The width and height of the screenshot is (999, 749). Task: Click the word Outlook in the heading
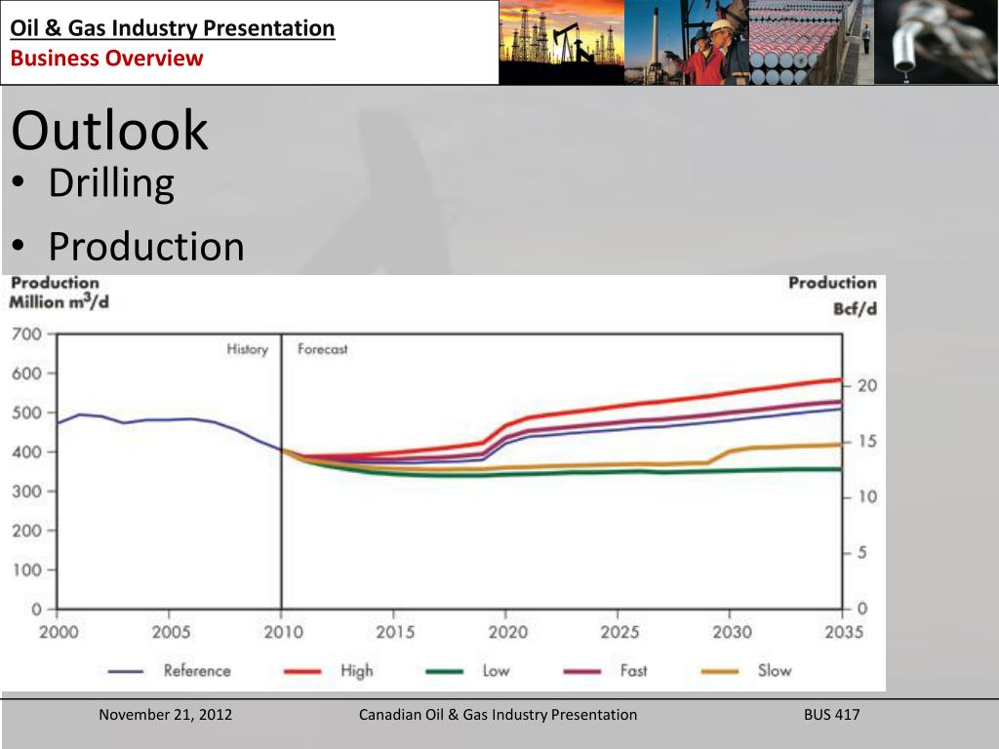109,131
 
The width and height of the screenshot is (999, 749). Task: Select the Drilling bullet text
111,183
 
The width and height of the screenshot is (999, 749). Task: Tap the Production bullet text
146,247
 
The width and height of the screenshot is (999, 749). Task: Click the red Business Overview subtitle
106,58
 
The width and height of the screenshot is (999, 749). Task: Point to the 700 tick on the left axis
26,334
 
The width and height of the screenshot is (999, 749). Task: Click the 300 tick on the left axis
26,492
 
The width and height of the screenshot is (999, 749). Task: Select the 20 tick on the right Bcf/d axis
867,385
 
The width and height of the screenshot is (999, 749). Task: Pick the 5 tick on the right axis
862,552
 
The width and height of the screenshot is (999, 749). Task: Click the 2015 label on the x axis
395,632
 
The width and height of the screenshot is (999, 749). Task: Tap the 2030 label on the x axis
732,632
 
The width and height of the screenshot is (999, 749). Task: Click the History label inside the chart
248,350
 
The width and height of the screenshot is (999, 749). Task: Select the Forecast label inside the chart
322,349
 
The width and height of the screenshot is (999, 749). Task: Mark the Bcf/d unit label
855,309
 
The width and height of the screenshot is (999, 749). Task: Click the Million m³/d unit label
59,301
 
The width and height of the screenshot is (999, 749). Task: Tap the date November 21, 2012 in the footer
166,715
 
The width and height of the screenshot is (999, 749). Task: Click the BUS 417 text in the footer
831,715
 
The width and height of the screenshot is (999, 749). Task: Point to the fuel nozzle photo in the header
936,42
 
